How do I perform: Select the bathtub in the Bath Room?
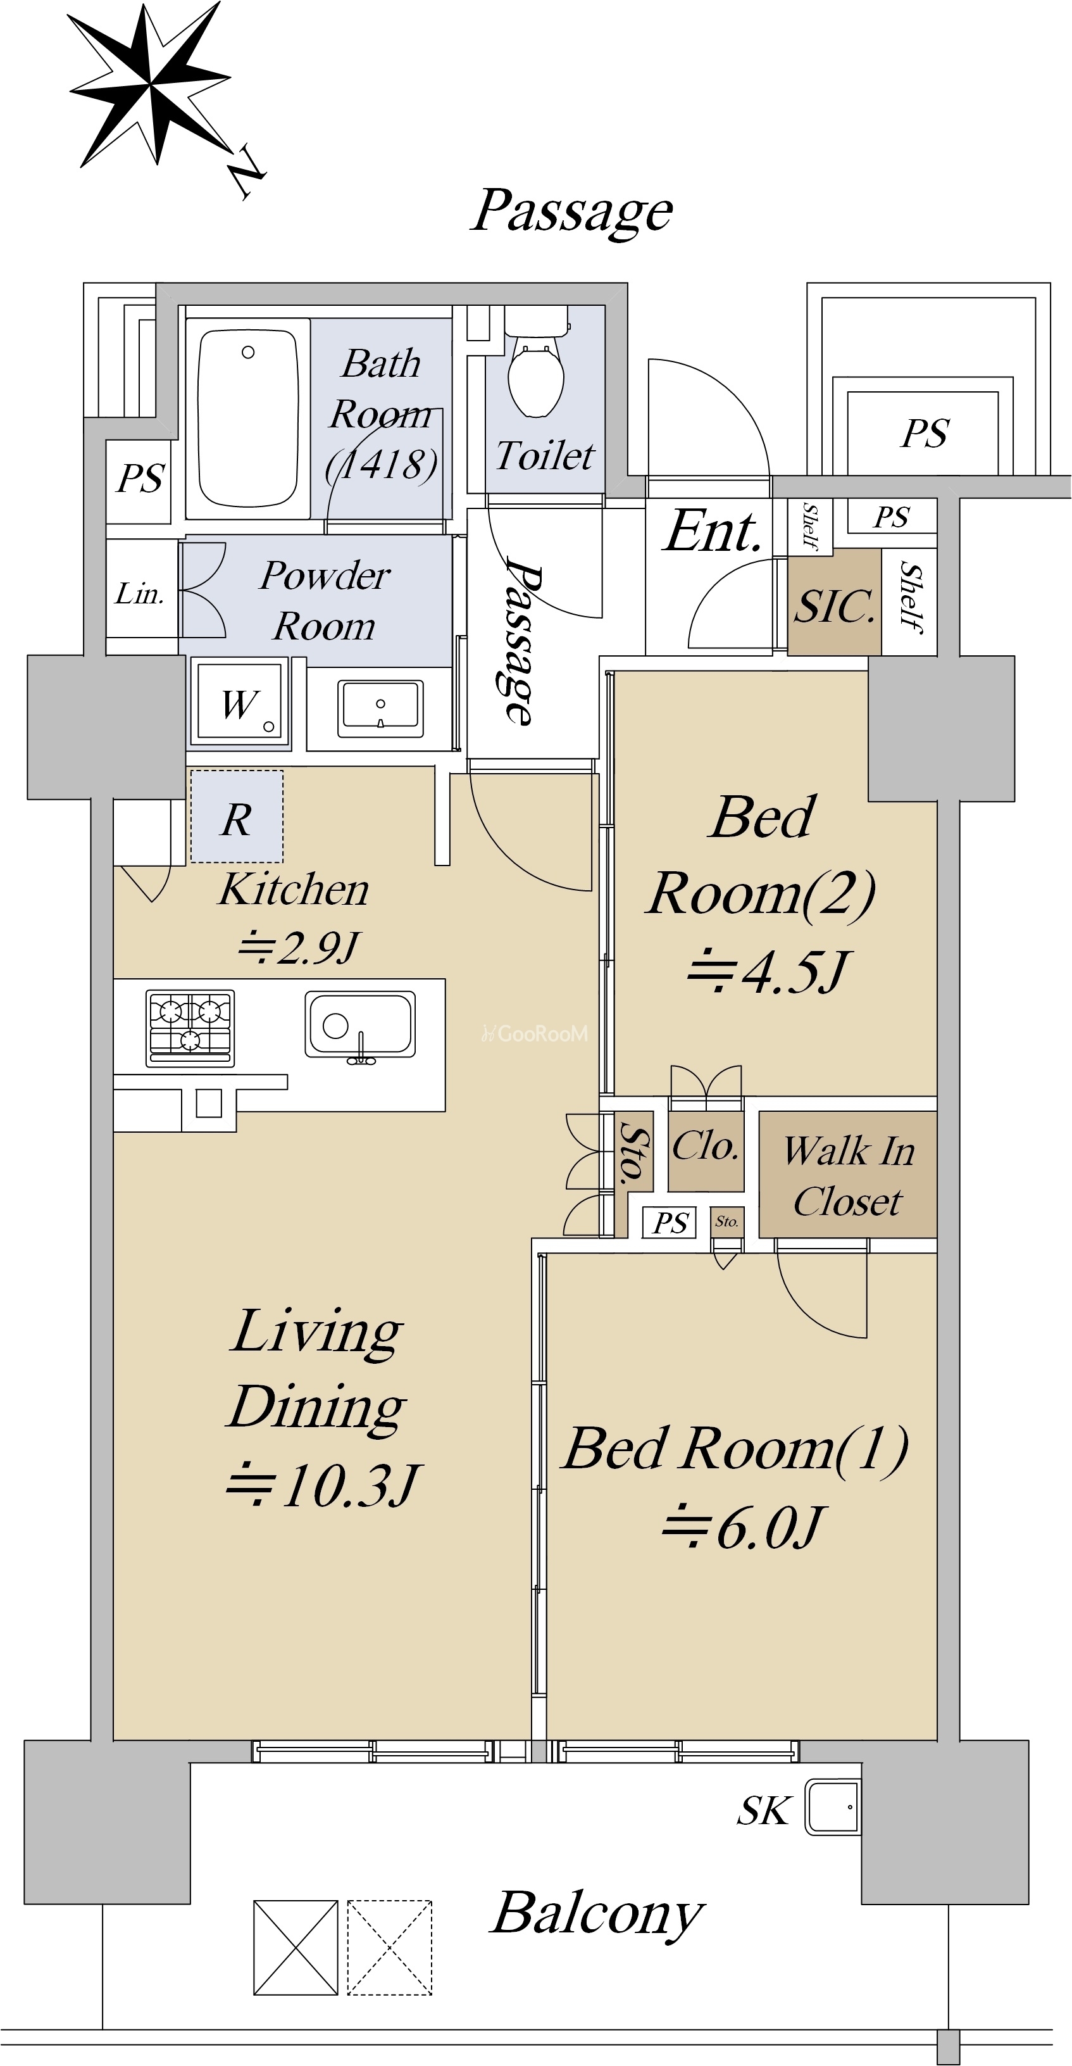tap(248, 419)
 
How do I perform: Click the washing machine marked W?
tap(239, 702)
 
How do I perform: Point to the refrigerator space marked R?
tap(237, 816)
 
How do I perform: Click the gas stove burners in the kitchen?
tap(190, 1028)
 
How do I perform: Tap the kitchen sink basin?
tap(360, 1025)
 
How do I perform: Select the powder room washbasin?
tap(380, 707)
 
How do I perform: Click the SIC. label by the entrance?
tap(834, 605)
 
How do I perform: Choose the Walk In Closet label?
tap(849, 1176)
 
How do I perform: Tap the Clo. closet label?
tap(705, 1145)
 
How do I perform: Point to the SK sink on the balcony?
tap(832, 1806)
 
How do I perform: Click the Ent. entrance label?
tap(711, 531)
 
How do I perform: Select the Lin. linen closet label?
tap(139, 593)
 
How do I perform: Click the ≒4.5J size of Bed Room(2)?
tap(766, 971)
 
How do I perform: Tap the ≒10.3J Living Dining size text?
tap(322, 1485)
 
